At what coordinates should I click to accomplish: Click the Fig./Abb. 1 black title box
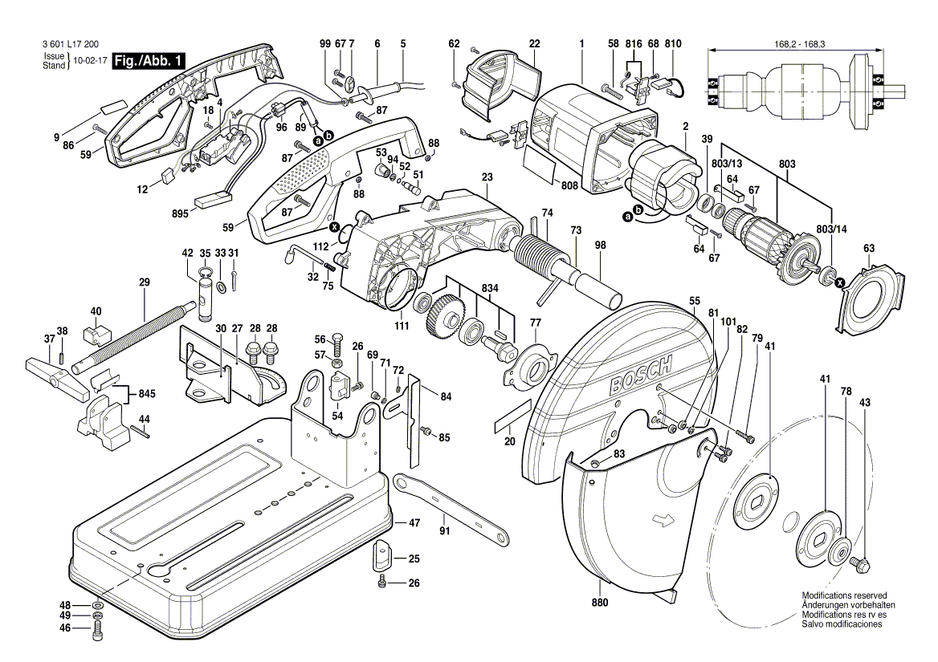pos(149,60)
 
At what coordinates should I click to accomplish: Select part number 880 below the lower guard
pos(600,602)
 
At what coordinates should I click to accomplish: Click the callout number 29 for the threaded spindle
pos(145,282)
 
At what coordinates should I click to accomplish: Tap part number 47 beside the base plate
pos(414,522)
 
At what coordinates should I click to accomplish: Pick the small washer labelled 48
pos(97,604)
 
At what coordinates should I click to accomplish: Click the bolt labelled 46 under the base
pos(98,633)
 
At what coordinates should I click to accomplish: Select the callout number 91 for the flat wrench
pos(444,530)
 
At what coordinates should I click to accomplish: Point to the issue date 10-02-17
pos(90,61)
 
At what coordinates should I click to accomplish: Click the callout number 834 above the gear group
pos(490,287)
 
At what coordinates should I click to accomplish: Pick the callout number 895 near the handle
pos(180,213)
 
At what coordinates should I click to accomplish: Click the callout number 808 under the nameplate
pos(570,185)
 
